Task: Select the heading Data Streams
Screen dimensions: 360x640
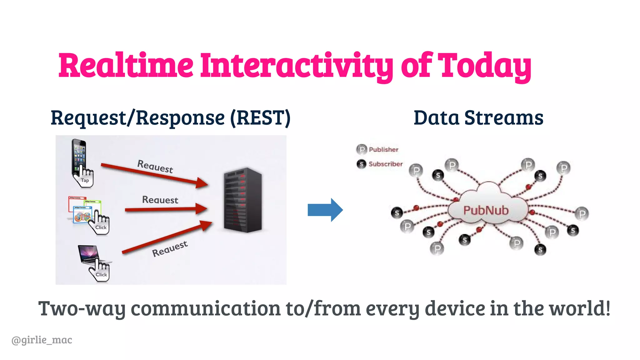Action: tap(478, 118)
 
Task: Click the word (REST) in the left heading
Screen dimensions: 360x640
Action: tap(260, 118)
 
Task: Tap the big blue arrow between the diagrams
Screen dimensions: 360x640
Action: tap(325, 210)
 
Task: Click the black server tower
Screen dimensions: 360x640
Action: tap(243, 200)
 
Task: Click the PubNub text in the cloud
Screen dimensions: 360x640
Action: tap(486, 210)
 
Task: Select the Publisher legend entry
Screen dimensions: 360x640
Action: tap(378, 149)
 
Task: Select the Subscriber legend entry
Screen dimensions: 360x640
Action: tap(380, 164)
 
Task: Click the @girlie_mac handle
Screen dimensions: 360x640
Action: tap(42, 340)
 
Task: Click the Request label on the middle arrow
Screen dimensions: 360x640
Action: tap(160, 200)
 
